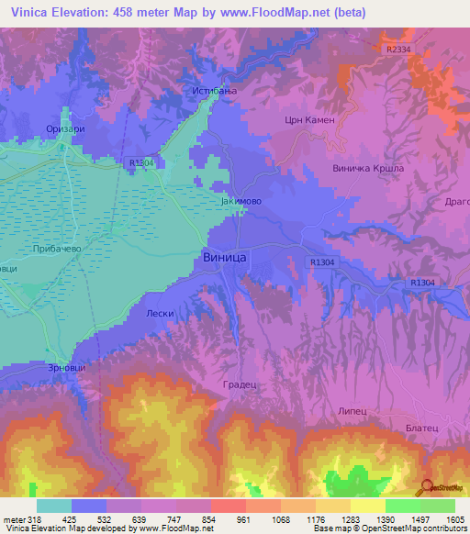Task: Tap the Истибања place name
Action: click(x=215, y=90)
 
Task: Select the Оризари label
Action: click(x=65, y=129)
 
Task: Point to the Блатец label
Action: click(x=422, y=428)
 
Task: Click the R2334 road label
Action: click(x=399, y=50)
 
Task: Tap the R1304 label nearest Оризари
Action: click(x=142, y=163)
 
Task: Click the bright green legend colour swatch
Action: click(x=402, y=506)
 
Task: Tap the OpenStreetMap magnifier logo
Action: click(x=426, y=486)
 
